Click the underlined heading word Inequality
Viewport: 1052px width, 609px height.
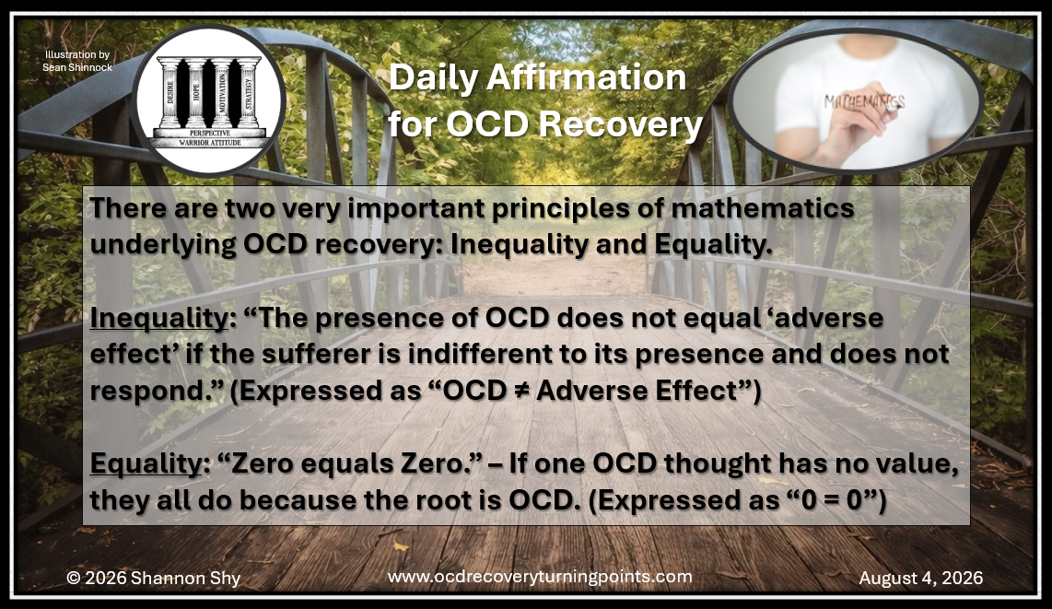[x=159, y=318]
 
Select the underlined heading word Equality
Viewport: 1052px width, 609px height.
[x=146, y=463]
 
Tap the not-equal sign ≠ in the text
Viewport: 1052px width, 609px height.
[x=517, y=391]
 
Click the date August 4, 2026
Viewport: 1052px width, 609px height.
[x=920, y=579]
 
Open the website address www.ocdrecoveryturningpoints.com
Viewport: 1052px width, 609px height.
[x=540, y=577]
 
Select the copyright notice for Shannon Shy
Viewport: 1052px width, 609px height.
[x=153, y=579]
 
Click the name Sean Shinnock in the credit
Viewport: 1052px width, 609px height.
[x=77, y=67]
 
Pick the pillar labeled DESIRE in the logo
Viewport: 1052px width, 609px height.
[x=170, y=92]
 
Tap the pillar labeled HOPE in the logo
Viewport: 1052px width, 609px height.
[x=196, y=92]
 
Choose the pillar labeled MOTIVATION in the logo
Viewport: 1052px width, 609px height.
[x=222, y=92]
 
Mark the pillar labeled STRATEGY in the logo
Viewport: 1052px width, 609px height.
[x=248, y=92]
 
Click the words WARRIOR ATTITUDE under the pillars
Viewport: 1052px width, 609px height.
[x=210, y=143]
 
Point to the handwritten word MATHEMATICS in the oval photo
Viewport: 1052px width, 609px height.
[x=864, y=102]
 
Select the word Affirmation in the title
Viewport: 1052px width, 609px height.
[x=586, y=77]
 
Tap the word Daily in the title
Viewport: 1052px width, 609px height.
[x=434, y=78]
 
